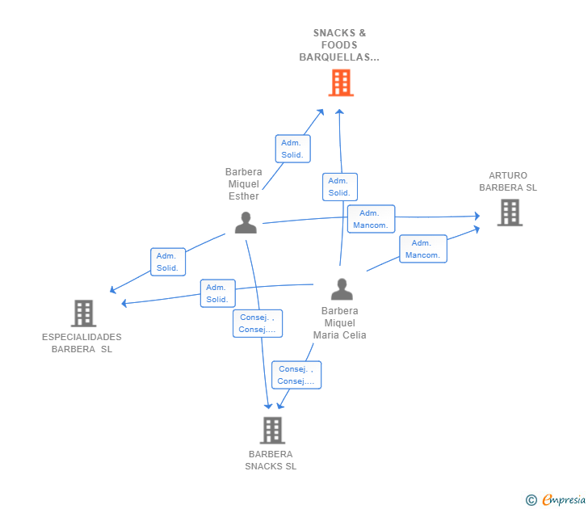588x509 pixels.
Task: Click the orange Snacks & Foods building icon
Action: click(x=341, y=82)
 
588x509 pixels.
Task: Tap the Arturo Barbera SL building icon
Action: click(x=509, y=212)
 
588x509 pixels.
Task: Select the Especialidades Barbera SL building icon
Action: click(x=83, y=313)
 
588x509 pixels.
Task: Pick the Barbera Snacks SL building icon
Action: click(x=272, y=430)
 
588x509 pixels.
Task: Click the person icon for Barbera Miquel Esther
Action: click(x=246, y=222)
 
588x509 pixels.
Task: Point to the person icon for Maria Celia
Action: click(x=342, y=289)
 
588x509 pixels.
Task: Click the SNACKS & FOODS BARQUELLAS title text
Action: click(x=339, y=45)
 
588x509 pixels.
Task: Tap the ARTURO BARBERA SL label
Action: click(x=508, y=182)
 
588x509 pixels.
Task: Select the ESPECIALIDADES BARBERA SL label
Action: click(x=82, y=343)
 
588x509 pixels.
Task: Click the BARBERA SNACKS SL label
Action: click(x=271, y=460)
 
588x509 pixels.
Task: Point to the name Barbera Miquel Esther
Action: click(x=243, y=184)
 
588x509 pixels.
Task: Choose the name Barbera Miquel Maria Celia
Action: click(x=340, y=323)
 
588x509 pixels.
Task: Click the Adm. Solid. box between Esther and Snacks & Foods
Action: click(x=292, y=149)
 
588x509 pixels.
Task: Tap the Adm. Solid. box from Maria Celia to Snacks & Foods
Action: click(x=339, y=187)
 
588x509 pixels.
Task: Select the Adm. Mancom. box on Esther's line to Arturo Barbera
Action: click(x=371, y=219)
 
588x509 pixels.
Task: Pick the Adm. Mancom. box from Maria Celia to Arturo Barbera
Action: click(x=422, y=249)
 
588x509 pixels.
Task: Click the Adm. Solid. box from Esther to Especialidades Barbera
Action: click(x=168, y=262)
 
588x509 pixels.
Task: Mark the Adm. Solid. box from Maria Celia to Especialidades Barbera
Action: click(x=217, y=293)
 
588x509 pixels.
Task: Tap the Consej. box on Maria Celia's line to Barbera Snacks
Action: click(x=296, y=375)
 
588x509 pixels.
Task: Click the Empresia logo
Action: click(x=556, y=499)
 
